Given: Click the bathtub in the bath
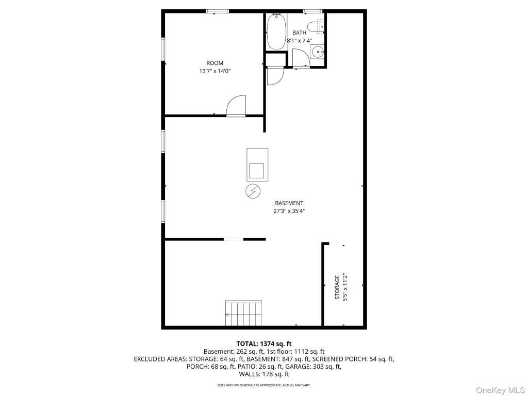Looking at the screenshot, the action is [x=276, y=32].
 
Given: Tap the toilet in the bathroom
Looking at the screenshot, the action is [x=316, y=27].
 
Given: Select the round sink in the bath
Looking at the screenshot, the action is [x=317, y=52].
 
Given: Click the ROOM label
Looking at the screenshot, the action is [x=215, y=63].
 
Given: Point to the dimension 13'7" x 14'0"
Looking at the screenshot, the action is [x=215, y=71].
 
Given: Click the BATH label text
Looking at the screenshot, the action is [x=300, y=32].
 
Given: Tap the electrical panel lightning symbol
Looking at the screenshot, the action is [x=253, y=191].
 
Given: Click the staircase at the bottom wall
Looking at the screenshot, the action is [x=243, y=313].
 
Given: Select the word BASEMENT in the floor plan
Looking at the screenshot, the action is [x=289, y=203].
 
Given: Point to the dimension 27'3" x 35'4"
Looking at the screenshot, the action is [x=289, y=211].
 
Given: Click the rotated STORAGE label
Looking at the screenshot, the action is [x=337, y=287].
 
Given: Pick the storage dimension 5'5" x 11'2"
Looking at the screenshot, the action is [x=345, y=287].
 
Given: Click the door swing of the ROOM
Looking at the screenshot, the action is [x=236, y=105].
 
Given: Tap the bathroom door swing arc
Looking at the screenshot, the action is [x=301, y=58].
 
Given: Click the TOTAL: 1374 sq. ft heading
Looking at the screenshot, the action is [x=264, y=344].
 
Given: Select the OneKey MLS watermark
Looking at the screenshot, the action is [x=501, y=390].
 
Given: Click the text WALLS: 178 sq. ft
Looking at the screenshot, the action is [x=264, y=374].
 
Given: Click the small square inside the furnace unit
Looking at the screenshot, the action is [x=257, y=171].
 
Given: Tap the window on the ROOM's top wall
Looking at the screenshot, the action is [x=218, y=11].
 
